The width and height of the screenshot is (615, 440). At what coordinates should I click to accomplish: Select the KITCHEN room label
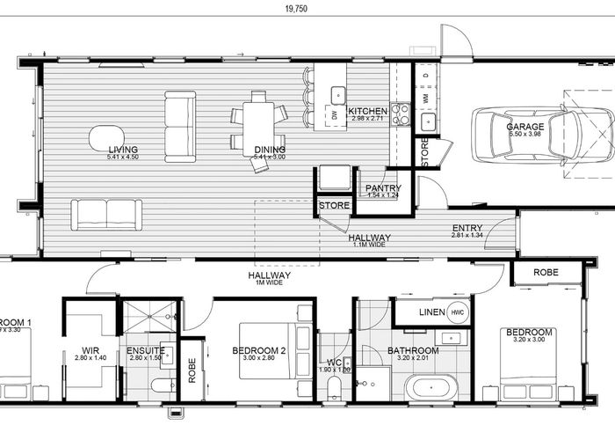click(367, 112)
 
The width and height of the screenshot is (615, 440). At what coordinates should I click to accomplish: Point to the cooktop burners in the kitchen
click(400, 113)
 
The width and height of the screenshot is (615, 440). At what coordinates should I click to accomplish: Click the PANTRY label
click(383, 187)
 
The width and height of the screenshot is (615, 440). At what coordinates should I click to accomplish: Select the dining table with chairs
click(257, 128)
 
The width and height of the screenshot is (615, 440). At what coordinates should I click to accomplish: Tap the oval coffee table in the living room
click(106, 138)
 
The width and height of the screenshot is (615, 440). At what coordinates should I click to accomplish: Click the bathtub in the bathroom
click(430, 387)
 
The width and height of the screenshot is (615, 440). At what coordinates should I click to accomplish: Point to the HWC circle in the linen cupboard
click(457, 312)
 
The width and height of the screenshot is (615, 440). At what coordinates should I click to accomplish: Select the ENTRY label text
click(467, 228)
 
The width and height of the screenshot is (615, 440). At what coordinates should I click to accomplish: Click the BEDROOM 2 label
click(260, 350)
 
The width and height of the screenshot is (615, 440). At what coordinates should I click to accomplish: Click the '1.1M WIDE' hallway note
click(369, 246)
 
